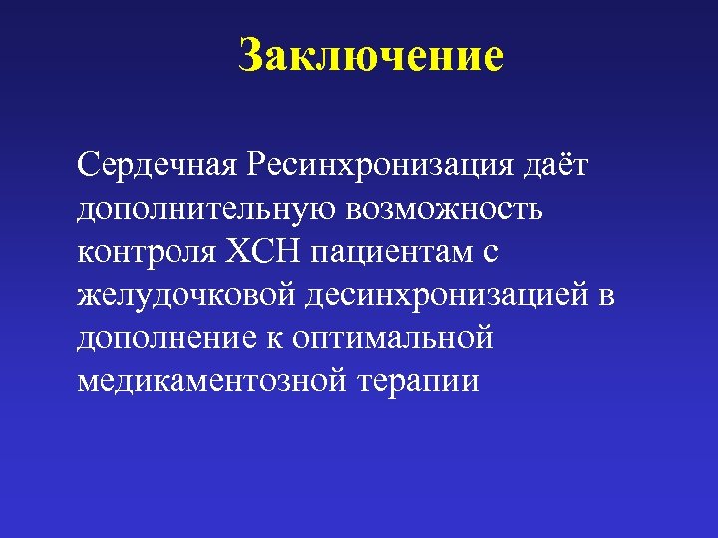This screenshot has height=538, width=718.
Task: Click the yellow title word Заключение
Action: click(x=371, y=56)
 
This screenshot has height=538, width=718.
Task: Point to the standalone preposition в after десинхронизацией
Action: click(x=607, y=297)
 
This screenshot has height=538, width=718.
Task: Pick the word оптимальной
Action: click(x=393, y=339)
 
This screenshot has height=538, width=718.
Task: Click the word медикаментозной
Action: click(x=204, y=383)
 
